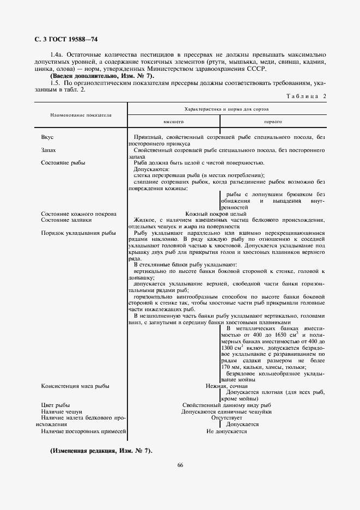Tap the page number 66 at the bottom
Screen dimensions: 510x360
click(x=180, y=465)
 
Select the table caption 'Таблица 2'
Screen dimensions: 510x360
click(x=306, y=96)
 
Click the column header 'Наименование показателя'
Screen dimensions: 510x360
click(x=81, y=116)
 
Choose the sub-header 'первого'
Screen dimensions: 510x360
click(x=273, y=123)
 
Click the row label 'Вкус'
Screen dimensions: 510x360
click(x=47, y=137)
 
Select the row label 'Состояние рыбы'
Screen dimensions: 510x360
click(x=63, y=162)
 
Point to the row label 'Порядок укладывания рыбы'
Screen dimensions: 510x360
click(x=78, y=233)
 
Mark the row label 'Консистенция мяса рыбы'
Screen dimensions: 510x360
click(x=75, y=386)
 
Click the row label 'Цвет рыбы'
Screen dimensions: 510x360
click(x=56, y=405)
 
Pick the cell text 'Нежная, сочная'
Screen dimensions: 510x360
click(x=227, y=386)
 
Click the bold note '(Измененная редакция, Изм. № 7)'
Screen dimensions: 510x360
click(x=101, y=451)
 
